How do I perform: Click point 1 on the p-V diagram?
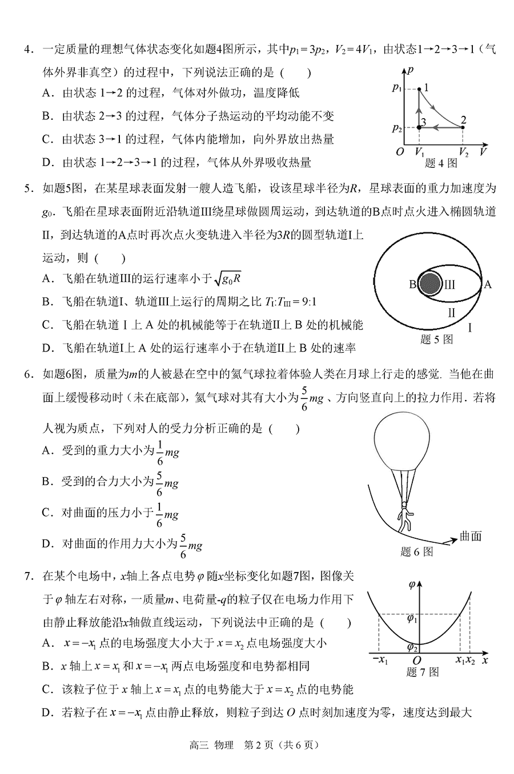pyautogui.click(x=419, y=89)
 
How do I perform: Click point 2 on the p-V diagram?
pyautogui.click(x=462, y=128)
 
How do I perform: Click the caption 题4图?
pyautogui.click(x=441, y=163)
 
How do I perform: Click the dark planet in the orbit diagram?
pyautogui.click(x=430, y=284)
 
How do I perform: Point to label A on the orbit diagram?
pyautogui.click(x=487, y=284)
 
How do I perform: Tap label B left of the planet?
pyautogui.click(x=412, y=284)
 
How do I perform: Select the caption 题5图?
pyautogui.click(x=436, y=340)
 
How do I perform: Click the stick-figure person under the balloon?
pyautogui.click(x=405, y=517)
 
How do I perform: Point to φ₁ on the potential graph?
pyautogui.click(x=412, y=618)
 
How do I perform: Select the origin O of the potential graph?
pyautogui.click(x=417, y=660)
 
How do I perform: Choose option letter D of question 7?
pyautogui.click(x=48, y=713)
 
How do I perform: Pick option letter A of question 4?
pyautogui.click(x=48, y=92)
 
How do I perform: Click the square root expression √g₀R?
pyautogui.click(x=227, y=279)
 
